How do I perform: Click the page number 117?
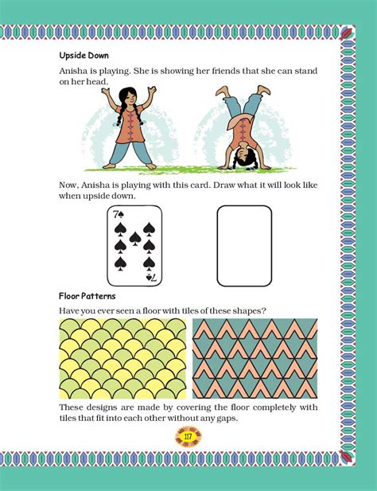coord(188,437)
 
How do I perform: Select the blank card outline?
coord(244,246)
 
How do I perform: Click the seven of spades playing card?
coord(134,246)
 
